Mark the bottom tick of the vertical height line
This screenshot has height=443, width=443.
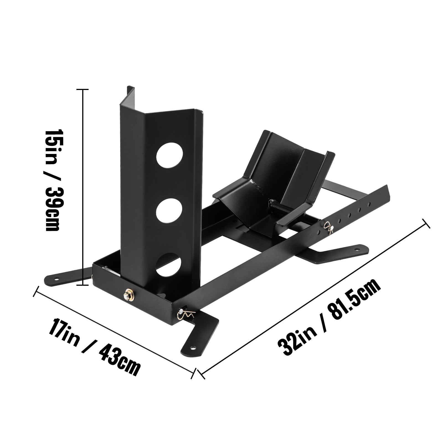(82, 285)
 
